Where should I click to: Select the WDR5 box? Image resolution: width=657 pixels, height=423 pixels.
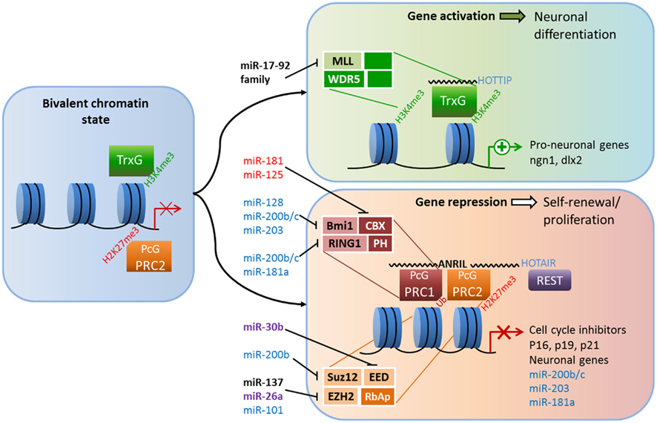(x=346, y=78)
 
